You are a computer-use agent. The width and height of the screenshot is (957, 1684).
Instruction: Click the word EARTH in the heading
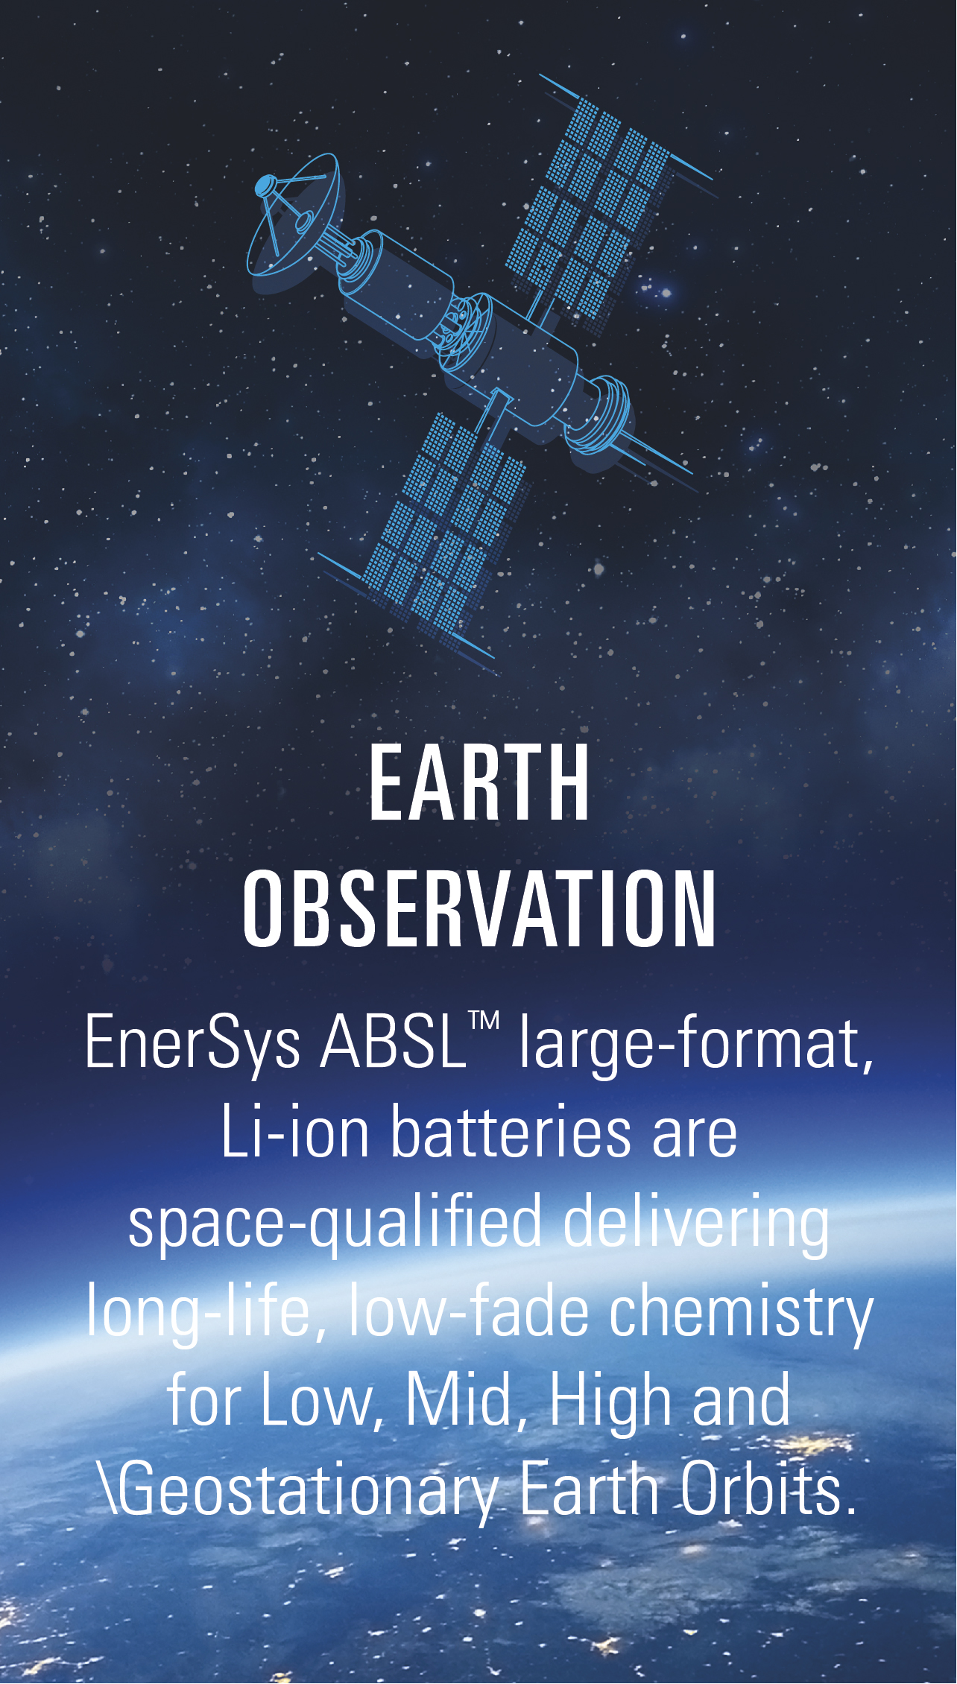(x=479, y=783)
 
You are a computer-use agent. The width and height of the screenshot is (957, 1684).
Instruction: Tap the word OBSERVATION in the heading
(x=479, y=910)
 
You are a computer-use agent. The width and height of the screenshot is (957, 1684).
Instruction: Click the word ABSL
(x=393, y=1041)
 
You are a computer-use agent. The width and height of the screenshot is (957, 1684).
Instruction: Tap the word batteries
(x=511, y=1131)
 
